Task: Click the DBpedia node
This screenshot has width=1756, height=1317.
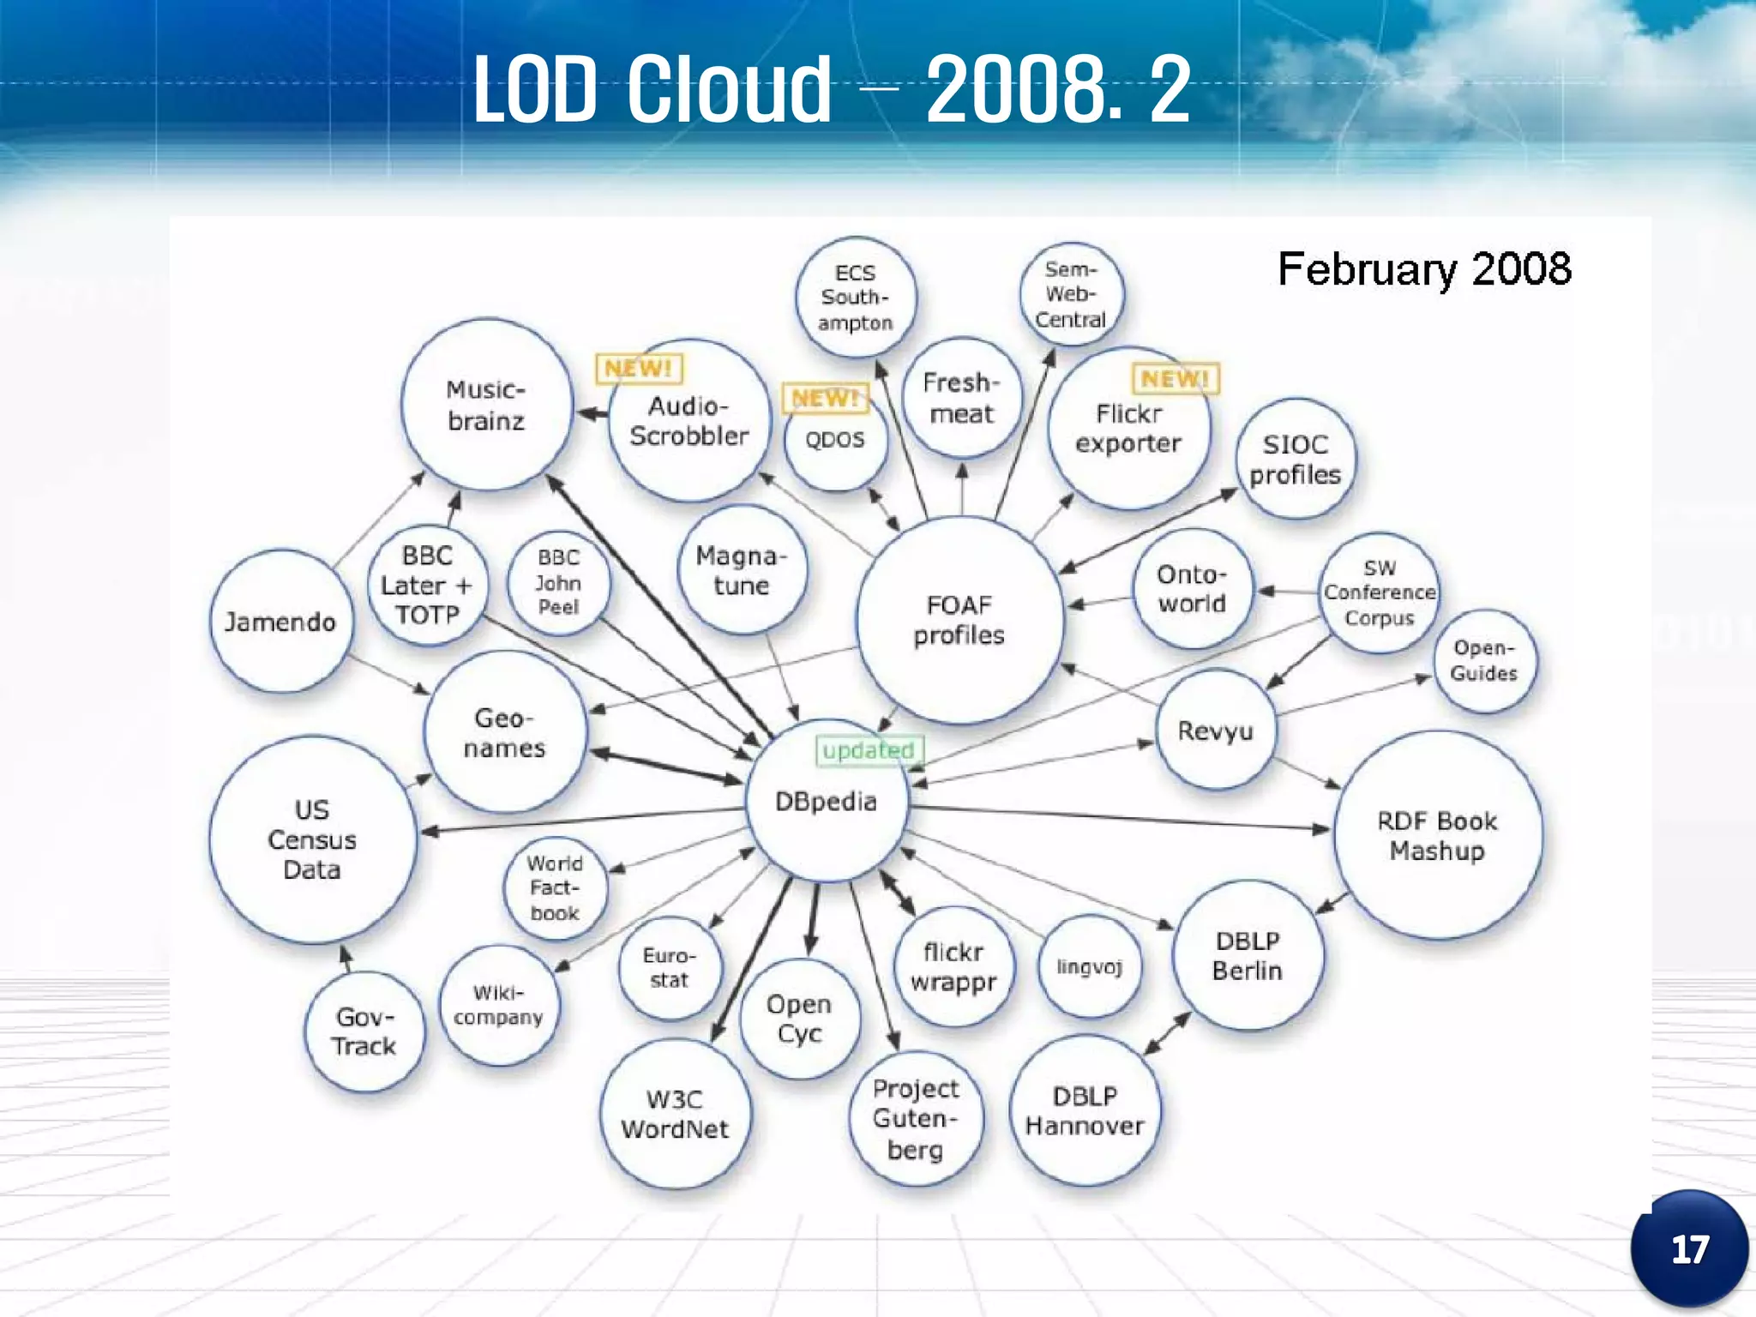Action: (826, 802)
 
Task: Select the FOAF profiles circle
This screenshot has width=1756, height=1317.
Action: (959, 620)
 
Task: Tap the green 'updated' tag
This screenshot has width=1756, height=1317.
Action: (868, 750)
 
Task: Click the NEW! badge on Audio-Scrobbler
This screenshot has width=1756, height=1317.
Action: (639, 369)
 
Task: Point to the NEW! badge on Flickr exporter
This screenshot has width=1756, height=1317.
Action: (1176, 378)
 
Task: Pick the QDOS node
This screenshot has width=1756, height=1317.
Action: (835, 440)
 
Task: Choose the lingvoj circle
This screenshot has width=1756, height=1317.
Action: (1089, 967)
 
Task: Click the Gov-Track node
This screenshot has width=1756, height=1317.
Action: (364, 1031)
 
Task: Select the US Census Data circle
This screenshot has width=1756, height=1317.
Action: (312, 839)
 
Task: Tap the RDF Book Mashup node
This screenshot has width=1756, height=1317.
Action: (1437, 835)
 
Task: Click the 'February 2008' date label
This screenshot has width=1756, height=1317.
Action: (1424, 269)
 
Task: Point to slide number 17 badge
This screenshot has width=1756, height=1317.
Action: (1689, 1249)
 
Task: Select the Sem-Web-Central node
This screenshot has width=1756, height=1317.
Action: (1071, 295)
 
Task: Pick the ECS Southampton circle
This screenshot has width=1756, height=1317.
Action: (855, 298)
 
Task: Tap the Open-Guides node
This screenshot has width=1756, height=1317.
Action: (1484, 661)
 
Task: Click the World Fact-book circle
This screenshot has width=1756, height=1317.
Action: (555, 888)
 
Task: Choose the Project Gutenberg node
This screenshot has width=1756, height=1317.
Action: (915, 1119)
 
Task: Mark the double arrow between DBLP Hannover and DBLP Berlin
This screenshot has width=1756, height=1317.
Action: (1168, 1033)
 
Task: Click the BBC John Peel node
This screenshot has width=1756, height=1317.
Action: (558, 582)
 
